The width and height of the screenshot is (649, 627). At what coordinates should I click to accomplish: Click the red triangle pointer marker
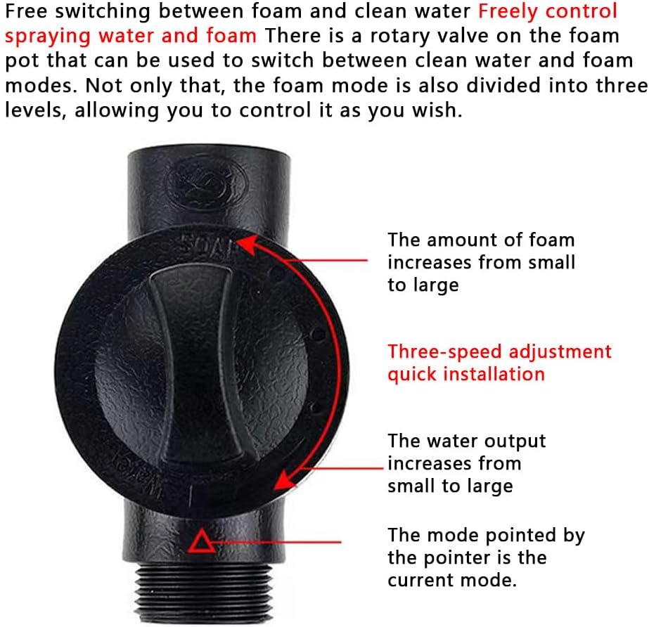[x=202, y=542]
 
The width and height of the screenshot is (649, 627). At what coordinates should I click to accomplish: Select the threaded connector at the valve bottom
[x=203, y=592]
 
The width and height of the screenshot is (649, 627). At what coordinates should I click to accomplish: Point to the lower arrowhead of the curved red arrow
[x=285, y=479]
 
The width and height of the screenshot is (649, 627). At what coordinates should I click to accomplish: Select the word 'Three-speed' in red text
[x=445, y=352]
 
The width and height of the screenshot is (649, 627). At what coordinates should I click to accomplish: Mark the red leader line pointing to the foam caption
[x=326, y=260]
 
